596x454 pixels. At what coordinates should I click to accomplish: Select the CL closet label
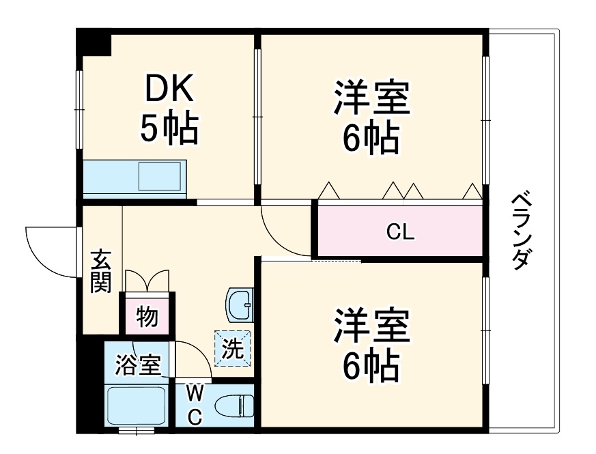[400, 232]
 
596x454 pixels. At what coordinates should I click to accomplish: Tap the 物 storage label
[147, 317]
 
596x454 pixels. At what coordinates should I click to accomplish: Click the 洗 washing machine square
[233, 348]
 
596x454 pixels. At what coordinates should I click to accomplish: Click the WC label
[195, 406]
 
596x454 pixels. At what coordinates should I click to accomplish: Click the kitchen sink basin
[160, 177]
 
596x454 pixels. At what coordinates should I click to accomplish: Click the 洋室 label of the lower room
[371, 326]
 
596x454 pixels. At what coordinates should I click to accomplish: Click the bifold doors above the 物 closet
[147, 281]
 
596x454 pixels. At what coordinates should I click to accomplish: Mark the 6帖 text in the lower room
[371, 367]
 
